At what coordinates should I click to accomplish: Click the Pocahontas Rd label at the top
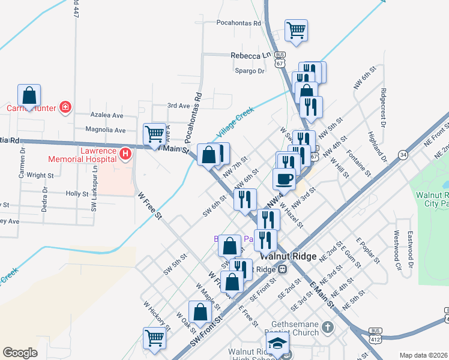click(x=241, y=23)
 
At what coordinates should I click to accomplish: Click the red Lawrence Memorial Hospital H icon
click(x=125, y=154)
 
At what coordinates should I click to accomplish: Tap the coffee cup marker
click(x=284, y=178)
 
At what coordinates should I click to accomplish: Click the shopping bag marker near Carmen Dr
click(x=29, y=95)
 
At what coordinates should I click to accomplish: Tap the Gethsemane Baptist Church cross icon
click(x=327, y=328)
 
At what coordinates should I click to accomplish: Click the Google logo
click(x=20, y=352)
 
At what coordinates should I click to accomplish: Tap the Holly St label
click(x=77, y=194)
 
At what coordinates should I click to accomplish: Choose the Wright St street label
click(x=40, y=176)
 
